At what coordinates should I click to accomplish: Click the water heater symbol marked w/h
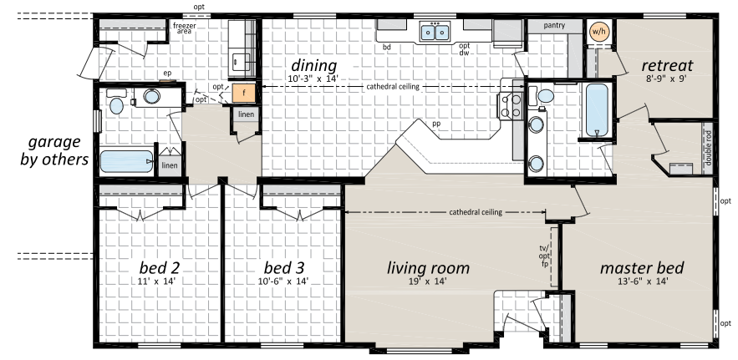[x=599, y=32]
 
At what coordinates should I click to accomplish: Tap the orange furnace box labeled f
[x=244, y=94]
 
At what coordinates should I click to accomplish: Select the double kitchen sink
[x=435, y=32]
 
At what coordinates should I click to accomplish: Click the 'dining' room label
[x=314, y=66]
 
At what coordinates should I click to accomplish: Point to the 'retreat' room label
[x=668, y=65]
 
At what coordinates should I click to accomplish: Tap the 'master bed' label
[x=642, y=268]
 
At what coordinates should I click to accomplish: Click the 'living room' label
[x=428, y=268]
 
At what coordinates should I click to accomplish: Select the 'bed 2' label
[x=159, y=268]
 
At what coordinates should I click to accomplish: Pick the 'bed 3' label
[x=284, y=268]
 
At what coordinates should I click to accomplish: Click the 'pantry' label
[x=554, y=25]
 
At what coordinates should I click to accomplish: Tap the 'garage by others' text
[x=54, y=150]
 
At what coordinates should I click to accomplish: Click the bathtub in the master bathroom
[x=597, y=109]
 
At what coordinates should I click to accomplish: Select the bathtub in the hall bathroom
[x=126, y=161]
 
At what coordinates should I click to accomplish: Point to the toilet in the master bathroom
[x=542, y=96]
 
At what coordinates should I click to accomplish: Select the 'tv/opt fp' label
[x=545, y=256]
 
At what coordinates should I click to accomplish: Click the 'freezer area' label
[x=184, y=28]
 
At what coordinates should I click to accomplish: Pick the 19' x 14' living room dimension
[x=428, y=281]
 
